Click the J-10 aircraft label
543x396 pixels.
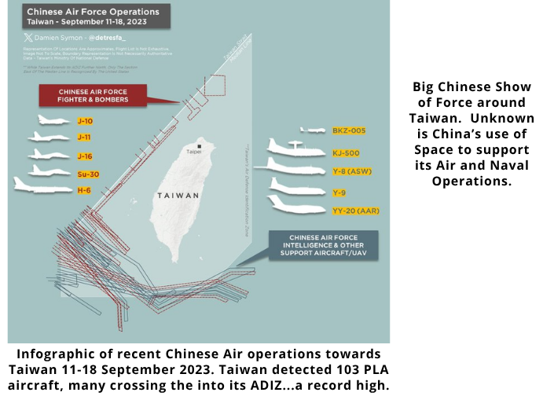click(x=85, y=121)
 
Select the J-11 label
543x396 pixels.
click(x=84, y=137)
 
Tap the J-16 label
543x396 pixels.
click(x=85, y=155)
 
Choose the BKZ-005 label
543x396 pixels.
click(x=348, y=130)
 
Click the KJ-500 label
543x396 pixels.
click(x=346, y=152)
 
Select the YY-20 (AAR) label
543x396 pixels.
click(x=351, y=211)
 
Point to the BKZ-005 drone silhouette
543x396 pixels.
click(x=311, y=130)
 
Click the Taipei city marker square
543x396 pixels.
click(x=200, y=146)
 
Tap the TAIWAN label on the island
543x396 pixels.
click(x=178, y=195)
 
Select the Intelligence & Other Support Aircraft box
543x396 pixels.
click(x=323, y=244)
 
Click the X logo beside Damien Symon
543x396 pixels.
click(x=29, y=36)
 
